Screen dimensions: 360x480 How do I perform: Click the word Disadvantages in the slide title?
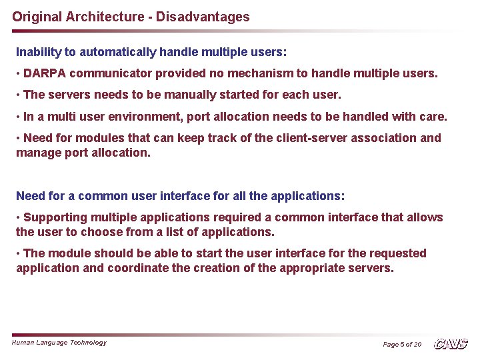pyautogui.click(x=203, y=17)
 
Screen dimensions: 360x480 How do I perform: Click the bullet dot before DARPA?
pyautogui.click(x=19, y=73)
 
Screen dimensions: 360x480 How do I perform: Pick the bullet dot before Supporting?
pyautogui.click(x=19, y=217)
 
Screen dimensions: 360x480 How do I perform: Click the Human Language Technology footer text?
pyautogui.click(x=59, y=342)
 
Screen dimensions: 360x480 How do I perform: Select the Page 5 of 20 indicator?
pyautogui.click(x=402, y=344)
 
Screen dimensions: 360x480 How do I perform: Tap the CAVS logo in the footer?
pyautogui.click(x=451, y=343)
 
